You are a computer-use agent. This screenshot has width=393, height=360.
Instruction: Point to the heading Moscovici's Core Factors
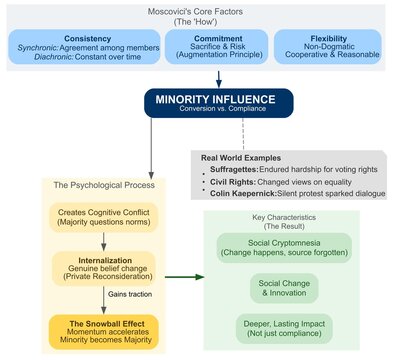coord(196,14)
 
